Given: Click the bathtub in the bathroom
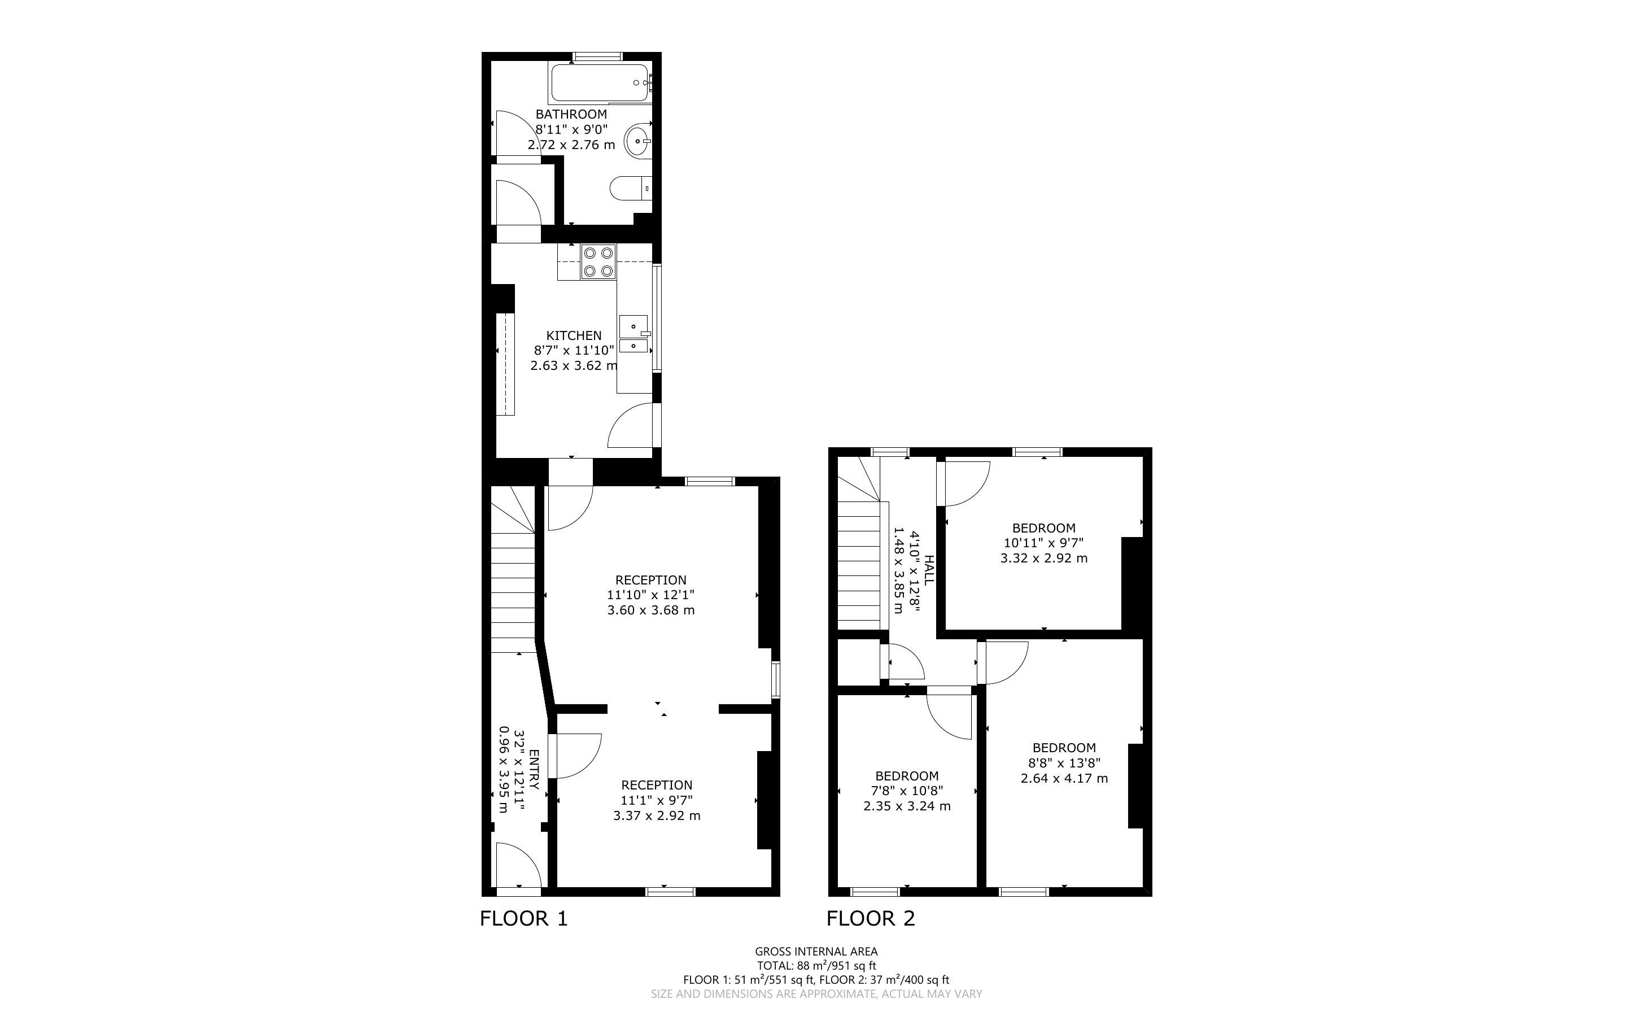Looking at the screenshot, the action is [600, 83].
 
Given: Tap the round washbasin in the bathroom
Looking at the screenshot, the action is [638, 141].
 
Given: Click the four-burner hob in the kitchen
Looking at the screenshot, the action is [598, 262].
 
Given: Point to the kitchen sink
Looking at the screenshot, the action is [635, 334].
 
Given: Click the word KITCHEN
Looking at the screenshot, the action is [573, 335].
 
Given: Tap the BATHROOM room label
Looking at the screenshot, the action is [571, 115].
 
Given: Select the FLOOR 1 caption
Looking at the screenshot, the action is [524, 918].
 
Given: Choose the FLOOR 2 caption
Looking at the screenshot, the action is [871, 918].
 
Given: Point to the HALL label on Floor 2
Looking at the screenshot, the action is [929, 570].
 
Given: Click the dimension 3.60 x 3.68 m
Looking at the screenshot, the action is [650, 610].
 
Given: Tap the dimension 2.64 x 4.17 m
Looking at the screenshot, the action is [1064, 778].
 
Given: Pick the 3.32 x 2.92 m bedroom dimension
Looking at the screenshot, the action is [1043, 559].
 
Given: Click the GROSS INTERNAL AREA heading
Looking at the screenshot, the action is [816, 952].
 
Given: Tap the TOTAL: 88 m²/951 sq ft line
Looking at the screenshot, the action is [816, 966].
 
